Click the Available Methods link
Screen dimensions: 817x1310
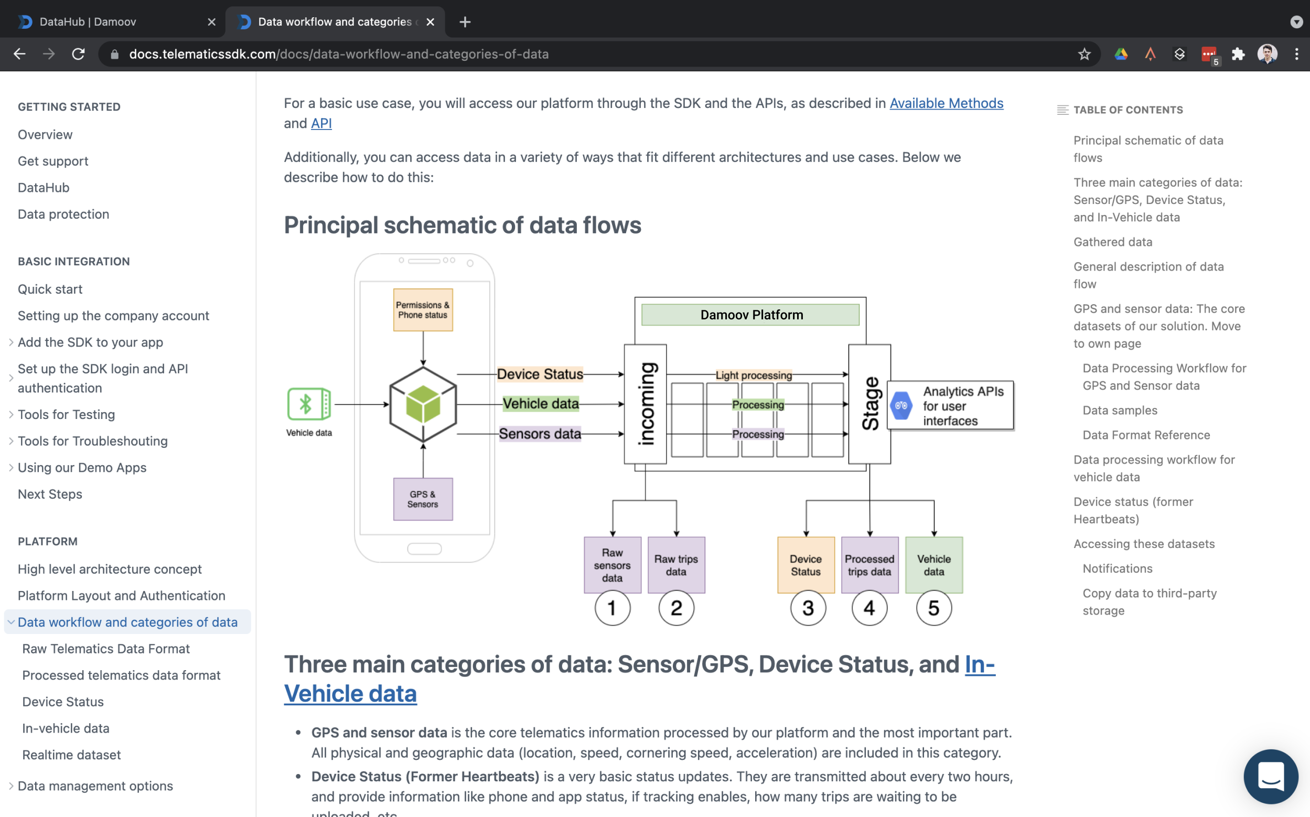pyautogui.click(x=946, y=103)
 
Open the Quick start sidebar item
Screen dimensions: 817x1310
pyautogui.click(x=50, y=289)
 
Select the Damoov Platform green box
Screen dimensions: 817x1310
pyautogui.click(x=750, y=315)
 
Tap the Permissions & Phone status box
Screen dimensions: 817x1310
pyautogui.click(x=423, y=309)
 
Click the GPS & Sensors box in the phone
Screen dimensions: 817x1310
pyautogui.click(x=423, y=499)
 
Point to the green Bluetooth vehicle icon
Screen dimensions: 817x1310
pyautogui.click(x=308, y=404)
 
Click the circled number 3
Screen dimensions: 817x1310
pyautogui.click(x=808, y=608)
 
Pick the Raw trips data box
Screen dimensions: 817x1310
pyautogui.click(x=676, y=565)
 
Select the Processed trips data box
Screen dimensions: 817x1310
pyautogui.click(x=869, y=565)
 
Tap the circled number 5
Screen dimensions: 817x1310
pyautogui.click(x=933, y=608)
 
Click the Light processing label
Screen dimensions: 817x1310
pyautogui.click(x=754, y=375)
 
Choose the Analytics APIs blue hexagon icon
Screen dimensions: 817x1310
pyautogui.click(x=901, y=405)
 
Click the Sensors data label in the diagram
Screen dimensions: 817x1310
pyautogui.click(x=540, y=433)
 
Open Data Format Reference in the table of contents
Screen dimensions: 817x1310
pyautogui.click(x=1146, y=435)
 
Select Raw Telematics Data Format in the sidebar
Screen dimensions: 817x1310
pyautogui.click(x=106, y=649)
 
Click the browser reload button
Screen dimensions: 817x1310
pyautogui.click(x=78, y=54)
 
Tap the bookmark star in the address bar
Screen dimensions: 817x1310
pyautogui.click(x=1083, y=54)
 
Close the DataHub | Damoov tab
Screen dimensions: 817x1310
pyautogui.click(x=211, y=22)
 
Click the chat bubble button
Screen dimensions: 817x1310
pyautogui.click(x=1271, y=776)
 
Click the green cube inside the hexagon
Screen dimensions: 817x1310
pyautogui.click(x=423, y=404)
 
